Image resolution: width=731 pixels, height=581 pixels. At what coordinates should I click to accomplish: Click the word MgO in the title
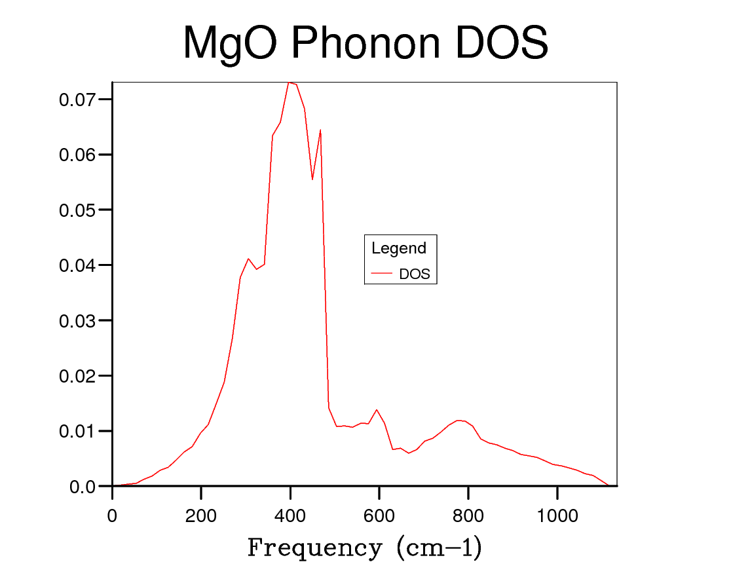tap(230, 45)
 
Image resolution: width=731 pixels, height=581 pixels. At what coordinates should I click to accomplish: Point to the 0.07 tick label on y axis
tap(77, 100)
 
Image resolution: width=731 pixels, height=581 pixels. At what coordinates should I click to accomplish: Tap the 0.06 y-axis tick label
tap(77, 155)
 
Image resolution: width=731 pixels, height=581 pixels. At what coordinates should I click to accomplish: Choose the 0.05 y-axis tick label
tap(77, 210)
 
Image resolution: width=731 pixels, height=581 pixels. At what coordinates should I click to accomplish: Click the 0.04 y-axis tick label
tap(77, 265)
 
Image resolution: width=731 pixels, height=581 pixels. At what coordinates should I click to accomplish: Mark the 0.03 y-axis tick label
tap(77, 321)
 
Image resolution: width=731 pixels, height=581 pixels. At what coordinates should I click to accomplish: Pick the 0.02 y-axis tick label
tap(77, 376)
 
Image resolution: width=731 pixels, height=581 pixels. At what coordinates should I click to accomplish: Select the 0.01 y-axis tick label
tap(77, 432)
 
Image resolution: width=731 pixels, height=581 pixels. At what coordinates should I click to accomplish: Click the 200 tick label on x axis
tap(201, 515)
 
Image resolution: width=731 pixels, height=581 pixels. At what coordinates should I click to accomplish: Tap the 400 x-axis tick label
tap(290, 515)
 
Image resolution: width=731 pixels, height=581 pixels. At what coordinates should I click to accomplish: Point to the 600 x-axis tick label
tap(379, 515)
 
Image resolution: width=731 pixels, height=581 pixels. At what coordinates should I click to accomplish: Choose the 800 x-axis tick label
tap(468, 515)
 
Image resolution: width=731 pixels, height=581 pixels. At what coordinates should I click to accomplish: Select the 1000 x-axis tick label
tap(557, 515)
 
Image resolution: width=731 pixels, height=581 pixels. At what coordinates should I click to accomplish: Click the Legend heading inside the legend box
tap(399, 248)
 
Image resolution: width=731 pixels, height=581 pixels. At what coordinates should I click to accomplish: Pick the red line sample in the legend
tap(381, 273)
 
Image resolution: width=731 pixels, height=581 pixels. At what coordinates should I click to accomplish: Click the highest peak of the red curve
tap(288, 83)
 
